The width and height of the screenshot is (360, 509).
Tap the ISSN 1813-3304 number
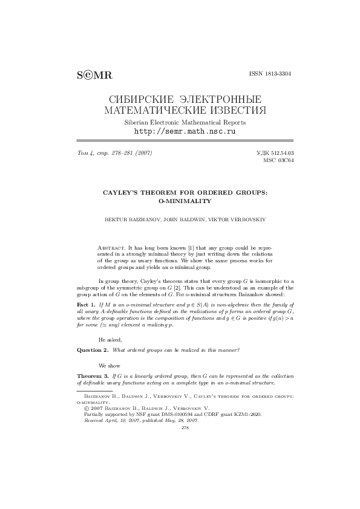point(270,73)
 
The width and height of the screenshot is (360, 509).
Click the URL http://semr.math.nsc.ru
point(184,131)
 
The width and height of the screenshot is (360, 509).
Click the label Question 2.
point(93,350)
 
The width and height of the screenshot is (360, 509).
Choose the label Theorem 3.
point(93,376)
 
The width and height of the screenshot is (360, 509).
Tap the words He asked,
point(110,340)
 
